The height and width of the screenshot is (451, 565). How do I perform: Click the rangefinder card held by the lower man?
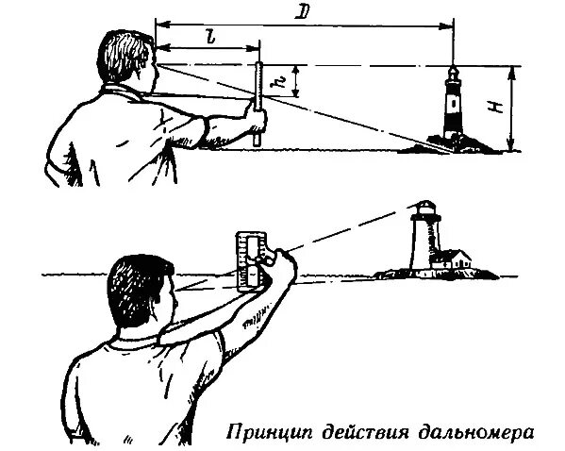pos(251,260)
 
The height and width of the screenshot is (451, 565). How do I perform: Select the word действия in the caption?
pos(366,433)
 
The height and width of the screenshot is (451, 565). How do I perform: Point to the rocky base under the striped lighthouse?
pos(453,144)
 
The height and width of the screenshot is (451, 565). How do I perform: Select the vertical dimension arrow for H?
pos(510,109)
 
